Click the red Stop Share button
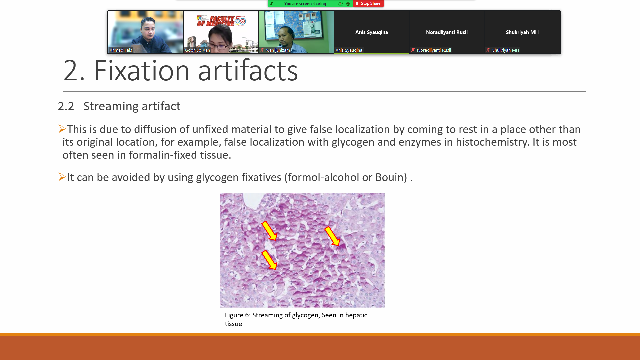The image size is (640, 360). [368, 3]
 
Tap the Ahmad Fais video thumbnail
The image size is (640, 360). [146, 32]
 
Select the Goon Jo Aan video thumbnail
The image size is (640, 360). [221, 32]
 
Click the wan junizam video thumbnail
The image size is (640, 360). [296, 32]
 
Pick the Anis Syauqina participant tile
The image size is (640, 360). [372, 32]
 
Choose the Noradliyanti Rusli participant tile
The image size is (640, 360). [447, 32]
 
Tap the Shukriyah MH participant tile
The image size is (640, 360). [522, 32]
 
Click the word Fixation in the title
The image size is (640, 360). [142, 71]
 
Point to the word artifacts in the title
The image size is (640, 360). [248, 71]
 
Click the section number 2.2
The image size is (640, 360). [66, 106]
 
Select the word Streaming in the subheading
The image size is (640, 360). [111, 107]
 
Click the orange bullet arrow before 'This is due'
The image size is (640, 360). [62, 129]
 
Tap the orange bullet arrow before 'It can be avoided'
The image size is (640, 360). [62, 177]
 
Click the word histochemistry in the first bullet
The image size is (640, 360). [492, 142]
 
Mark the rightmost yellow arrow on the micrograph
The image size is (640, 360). [332, 236]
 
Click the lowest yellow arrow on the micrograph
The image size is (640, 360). [269, 260]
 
